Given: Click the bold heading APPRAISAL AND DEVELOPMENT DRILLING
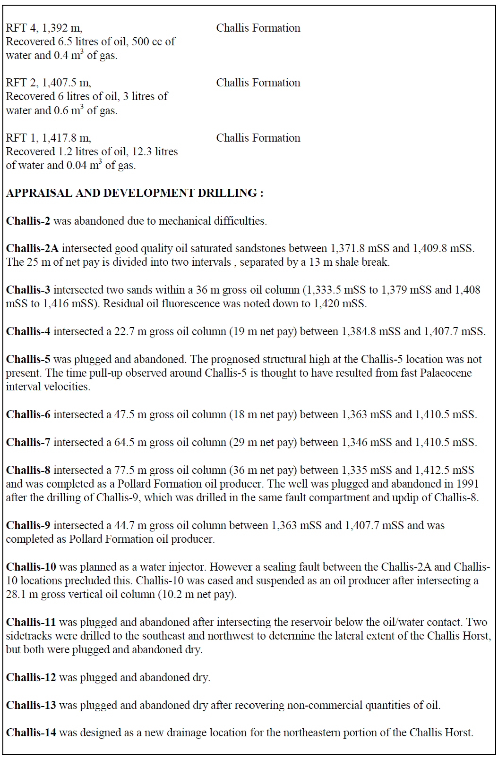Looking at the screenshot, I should [135, 193].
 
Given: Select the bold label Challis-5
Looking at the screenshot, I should [28, 359].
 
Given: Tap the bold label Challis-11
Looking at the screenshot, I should [31, 622].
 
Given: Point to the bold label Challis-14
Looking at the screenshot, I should [31, 733].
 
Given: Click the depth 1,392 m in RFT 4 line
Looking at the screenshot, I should [62, 28].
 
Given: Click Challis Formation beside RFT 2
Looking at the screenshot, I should [258, 83].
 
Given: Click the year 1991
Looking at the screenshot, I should [467, 484].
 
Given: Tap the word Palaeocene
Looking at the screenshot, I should [446, 373].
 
